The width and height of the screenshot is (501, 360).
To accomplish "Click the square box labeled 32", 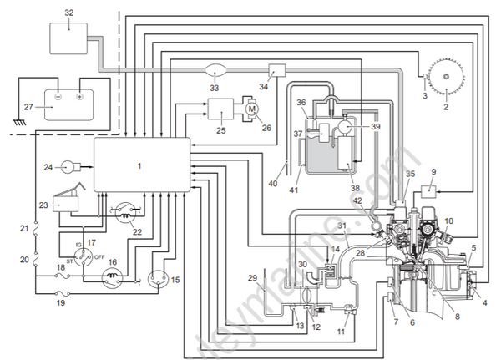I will [x=68, y=38].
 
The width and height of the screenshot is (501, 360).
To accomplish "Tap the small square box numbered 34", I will [x=277, y=72].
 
